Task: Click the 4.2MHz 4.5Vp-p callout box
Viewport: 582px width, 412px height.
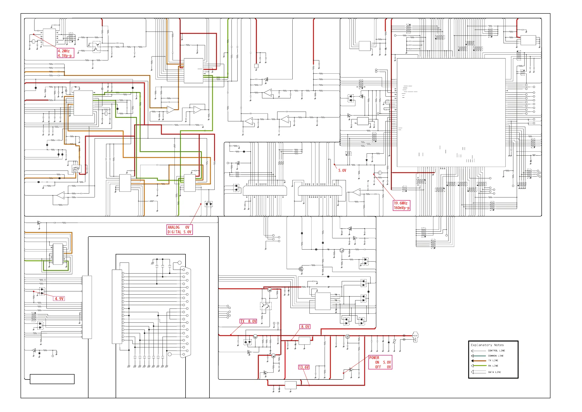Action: tap(66, 53)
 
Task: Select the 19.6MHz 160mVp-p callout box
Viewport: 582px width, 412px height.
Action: tap(402, 206)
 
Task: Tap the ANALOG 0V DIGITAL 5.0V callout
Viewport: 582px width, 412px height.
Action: tap(179, 229)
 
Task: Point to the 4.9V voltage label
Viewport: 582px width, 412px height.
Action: tap(59, 298)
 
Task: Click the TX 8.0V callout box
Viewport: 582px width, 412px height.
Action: tap(248, 321)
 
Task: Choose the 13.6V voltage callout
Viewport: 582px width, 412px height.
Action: tap(304, 367)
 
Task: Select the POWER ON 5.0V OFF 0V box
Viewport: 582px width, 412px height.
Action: tap(380, 362)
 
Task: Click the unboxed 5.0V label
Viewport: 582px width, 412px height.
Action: tap(342, 171)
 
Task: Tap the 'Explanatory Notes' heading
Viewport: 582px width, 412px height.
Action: tap(487, 345)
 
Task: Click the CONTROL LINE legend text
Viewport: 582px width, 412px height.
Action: tap(496, 351)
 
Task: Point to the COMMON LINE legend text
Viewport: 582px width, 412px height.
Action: tap(496, 356)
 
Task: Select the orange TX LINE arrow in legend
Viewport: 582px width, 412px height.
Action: tap(479, 361)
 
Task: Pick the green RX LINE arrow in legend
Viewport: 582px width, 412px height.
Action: tap(479, 366)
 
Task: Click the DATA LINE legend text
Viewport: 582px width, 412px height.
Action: tap(494, 372)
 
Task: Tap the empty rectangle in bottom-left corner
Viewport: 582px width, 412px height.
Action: tap(52, 379)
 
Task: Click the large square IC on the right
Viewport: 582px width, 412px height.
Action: tap(451, 113)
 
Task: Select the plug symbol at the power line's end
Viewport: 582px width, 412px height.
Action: tap(415, 337)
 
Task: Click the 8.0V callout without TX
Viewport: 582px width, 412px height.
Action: tap(305, 327)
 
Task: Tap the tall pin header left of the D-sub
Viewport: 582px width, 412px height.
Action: tap(117, 307)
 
